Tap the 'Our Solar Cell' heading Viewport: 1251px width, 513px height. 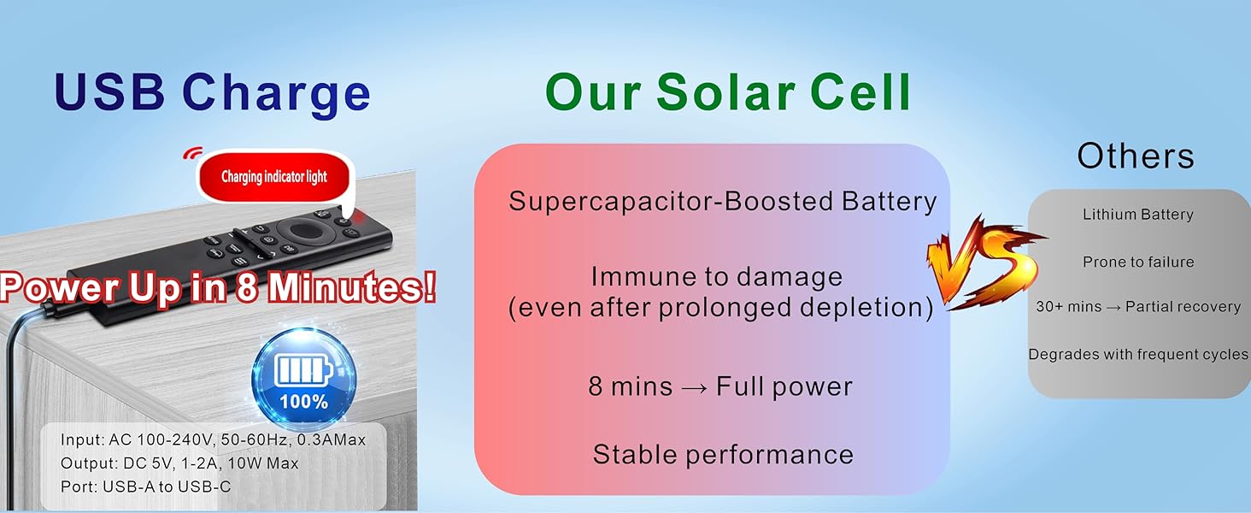pyautogui.click(x=728, y=92)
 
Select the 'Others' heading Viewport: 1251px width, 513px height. pyautogui.click(x=1136, y=156)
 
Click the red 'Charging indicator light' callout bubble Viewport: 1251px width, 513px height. pyautogui.click(x=273, y=177)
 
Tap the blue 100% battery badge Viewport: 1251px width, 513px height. pyautogui.click(x=304, y=378)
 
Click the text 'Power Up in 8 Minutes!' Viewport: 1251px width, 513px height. pyautogui.click(x=218, y=288)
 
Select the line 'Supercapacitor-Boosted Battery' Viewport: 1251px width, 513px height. pyautogui.click(x=723, y=201)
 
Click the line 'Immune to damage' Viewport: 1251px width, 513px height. pyautogui.click(x=717, y=277)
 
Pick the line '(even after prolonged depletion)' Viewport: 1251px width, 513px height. pyautogui.click(x=720, y=308)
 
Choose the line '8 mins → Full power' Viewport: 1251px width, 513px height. pyautogui.click(x=720, y=386)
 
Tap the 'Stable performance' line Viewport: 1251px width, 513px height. pyautogui.click(x=723, y=454)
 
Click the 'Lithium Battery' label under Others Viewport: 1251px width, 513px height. pyautogui.click(x=1137, y=215)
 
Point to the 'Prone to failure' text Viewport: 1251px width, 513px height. pyautogui.click(x=1138, y=262)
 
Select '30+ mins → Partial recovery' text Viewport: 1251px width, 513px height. pyautogui.click(x=1138, y=307)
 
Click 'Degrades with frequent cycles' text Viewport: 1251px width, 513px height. pyautogui.click(x=1138, y=354)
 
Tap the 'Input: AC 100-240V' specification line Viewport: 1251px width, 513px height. pyautogui.click(x=213, y=440)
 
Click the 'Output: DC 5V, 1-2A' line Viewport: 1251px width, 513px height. pyautogui.click(x=179, y=463)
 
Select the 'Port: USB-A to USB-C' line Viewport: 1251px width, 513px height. pyautogui.click(x=145, y=486)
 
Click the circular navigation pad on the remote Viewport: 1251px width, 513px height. pyautogui.click(x=302, y=230)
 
